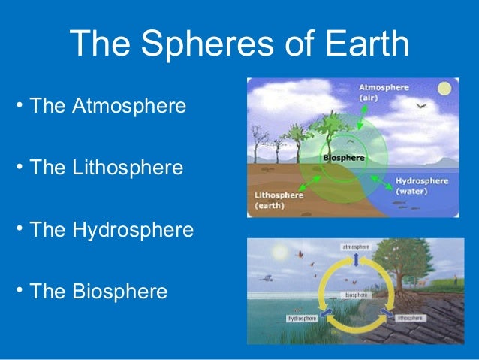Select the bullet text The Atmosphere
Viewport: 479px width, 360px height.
pyautogui.click(x=107, y=105)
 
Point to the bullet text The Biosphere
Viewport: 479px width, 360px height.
pyautogui.click(x=98, y=291)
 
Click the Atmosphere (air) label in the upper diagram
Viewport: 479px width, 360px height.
pyautogui.click(x=383, y=92)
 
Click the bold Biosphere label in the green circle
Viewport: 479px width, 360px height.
pyautogui.click(x=343, y=159)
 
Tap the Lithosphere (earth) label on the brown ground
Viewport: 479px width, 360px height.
pyautogui.click(x=279, y=201)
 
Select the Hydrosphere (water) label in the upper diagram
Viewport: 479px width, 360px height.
pyautogui.click(x=421, y=186)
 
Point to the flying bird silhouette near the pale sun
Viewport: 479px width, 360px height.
pyautogui.click(x=421, y=106)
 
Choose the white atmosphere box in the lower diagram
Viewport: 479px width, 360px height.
pyautogui.click(x=355, y=247)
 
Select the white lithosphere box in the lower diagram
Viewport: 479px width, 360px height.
pyautogui.click(x=411, y=319)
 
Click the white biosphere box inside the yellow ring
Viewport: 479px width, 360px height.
pyautogui.click(x=356, y=295)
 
